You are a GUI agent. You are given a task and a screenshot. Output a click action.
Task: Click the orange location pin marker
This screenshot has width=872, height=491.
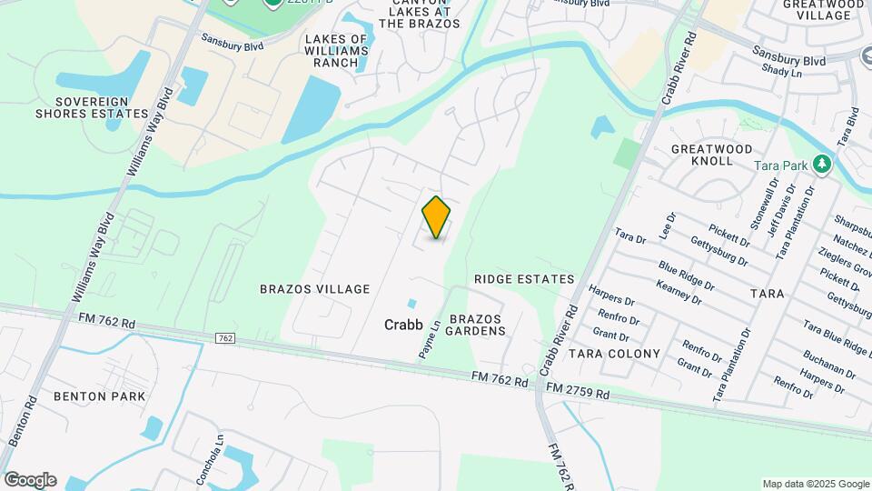(x=437, y=217)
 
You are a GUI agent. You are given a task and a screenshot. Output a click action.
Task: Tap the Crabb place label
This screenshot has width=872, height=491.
(x=403, y=324)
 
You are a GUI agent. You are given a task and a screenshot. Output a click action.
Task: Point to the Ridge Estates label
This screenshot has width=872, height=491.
(x=524, y=279)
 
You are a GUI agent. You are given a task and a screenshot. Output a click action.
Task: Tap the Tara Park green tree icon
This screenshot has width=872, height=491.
(x=822, y=165)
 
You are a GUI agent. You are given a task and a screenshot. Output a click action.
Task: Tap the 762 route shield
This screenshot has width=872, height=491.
(x=226, y=338)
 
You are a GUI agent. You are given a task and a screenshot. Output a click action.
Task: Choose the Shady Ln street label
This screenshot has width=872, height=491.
(x=782, y=71)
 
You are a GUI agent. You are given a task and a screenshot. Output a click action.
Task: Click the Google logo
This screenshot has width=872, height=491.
(x=30, y=480)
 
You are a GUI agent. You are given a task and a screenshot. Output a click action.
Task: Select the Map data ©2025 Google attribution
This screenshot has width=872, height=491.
(x=815, y=484)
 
